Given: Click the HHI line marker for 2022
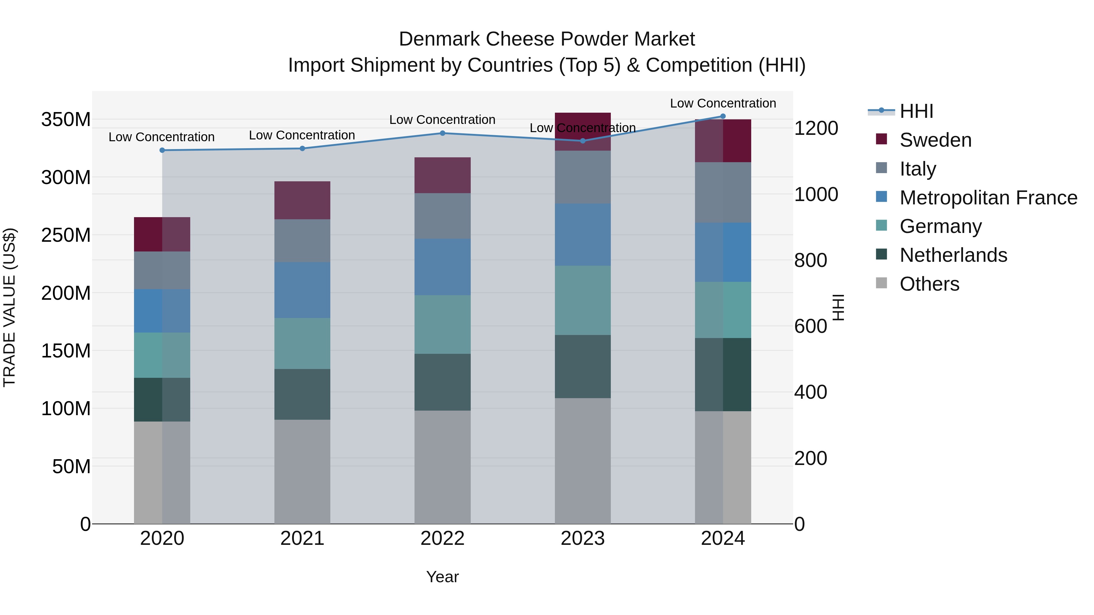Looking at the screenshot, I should pos(442,133).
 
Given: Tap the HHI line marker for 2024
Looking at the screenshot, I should pos(723,116).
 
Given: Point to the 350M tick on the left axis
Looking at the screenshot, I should pos(66,120).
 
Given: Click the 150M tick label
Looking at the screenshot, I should pos(66,351).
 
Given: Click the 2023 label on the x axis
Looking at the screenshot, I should pos(582,538).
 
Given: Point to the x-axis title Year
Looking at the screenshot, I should pos(442,577).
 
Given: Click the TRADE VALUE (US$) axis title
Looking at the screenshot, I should pos(9,307).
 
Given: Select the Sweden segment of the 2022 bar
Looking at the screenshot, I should pos(442,175).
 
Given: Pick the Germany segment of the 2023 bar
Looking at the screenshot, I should pos(582,300).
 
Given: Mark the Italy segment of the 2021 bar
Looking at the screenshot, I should pos(302,240).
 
